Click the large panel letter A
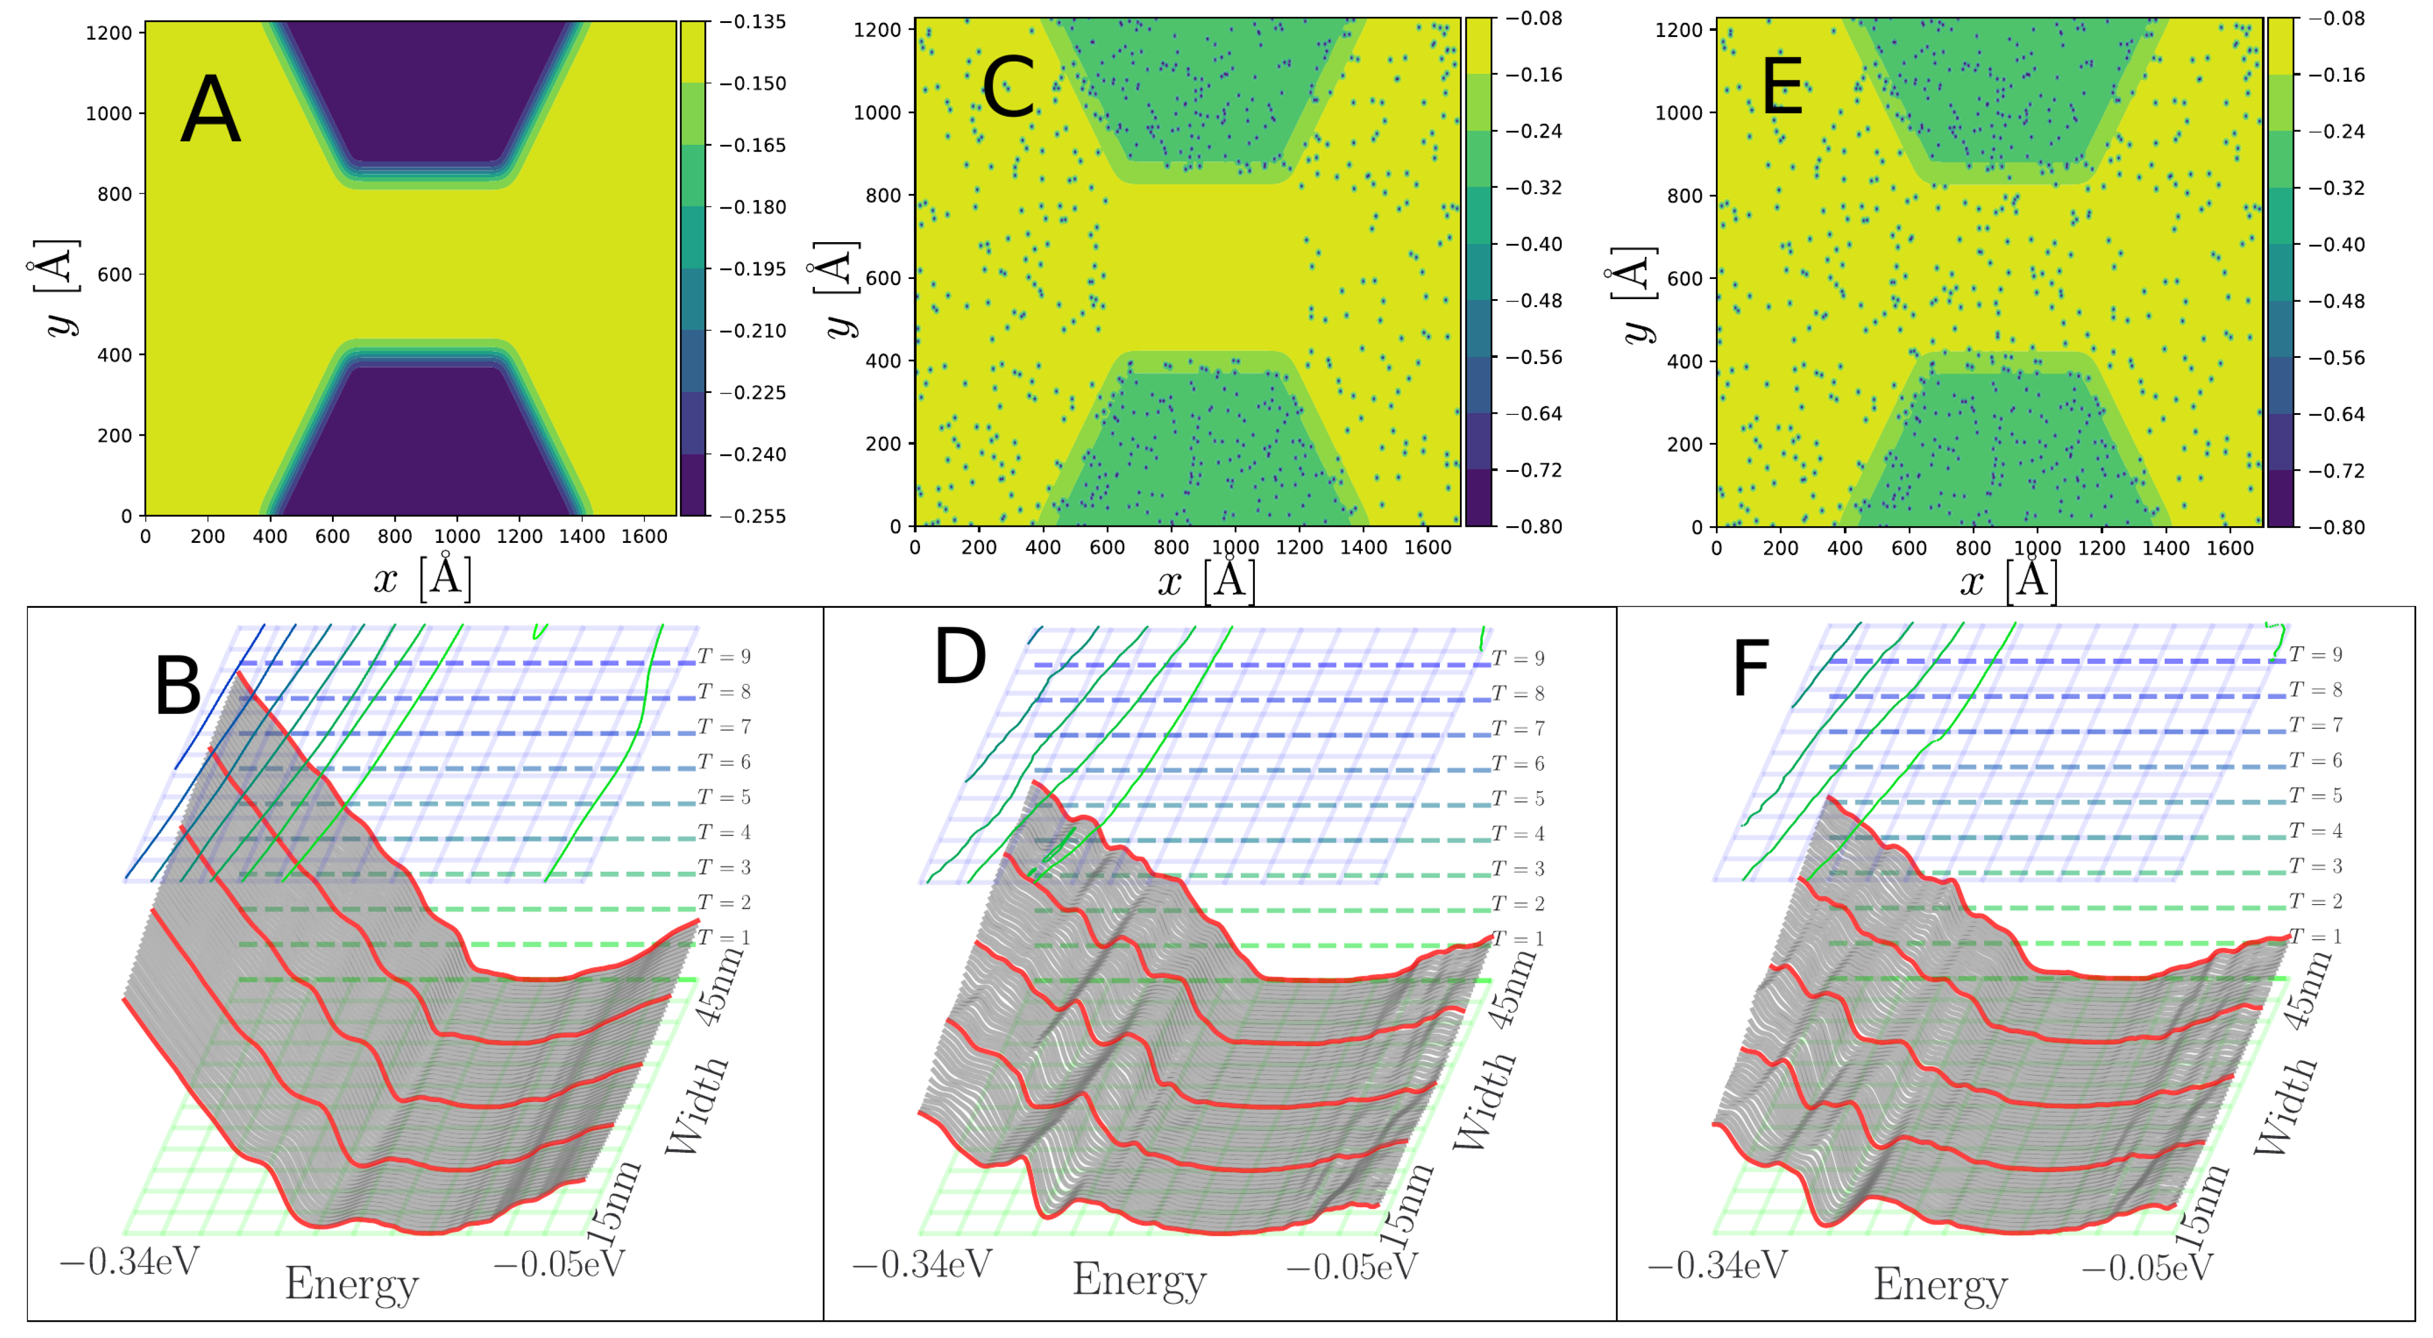coord(210,111)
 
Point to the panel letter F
coord(1750,668)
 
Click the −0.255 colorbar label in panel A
coord(753,516)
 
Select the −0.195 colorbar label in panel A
coord(753,270)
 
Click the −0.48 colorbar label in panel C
coord(1533,300)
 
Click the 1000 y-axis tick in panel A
coord(110,114)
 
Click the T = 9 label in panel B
coord(724,656)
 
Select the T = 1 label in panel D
coord(1518,938)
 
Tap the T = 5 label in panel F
coord(2315,796)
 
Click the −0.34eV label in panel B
coord(130,1260)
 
